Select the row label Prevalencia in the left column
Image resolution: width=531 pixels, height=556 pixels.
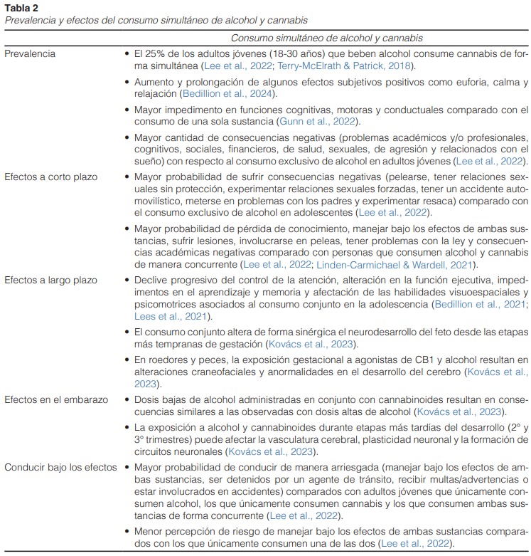point(31,53)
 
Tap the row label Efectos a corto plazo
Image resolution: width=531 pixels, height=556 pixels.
point(50,176)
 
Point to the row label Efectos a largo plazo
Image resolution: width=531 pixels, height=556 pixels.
point(50,280)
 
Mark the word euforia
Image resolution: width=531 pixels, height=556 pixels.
point(434,82)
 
